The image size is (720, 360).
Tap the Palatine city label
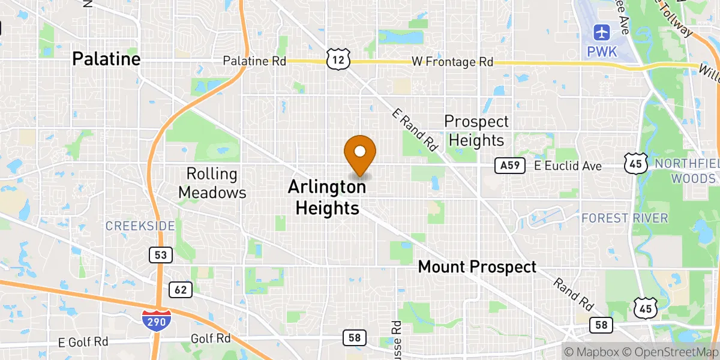106,59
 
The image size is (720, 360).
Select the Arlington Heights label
327,197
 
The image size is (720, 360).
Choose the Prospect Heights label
476,131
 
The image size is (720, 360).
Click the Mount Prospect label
477,267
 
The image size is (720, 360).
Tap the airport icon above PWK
602,32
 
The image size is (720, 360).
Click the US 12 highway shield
337,58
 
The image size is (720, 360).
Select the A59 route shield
511,166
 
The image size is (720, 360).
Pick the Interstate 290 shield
157,319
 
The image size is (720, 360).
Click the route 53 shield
161,255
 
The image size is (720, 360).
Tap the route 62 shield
181,290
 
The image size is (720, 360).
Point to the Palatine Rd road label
254,61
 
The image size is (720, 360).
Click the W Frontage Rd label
452,62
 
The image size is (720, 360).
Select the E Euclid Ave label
568,166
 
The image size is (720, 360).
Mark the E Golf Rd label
83,341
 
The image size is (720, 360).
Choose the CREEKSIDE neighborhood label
140,226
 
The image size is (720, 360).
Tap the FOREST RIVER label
625,218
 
